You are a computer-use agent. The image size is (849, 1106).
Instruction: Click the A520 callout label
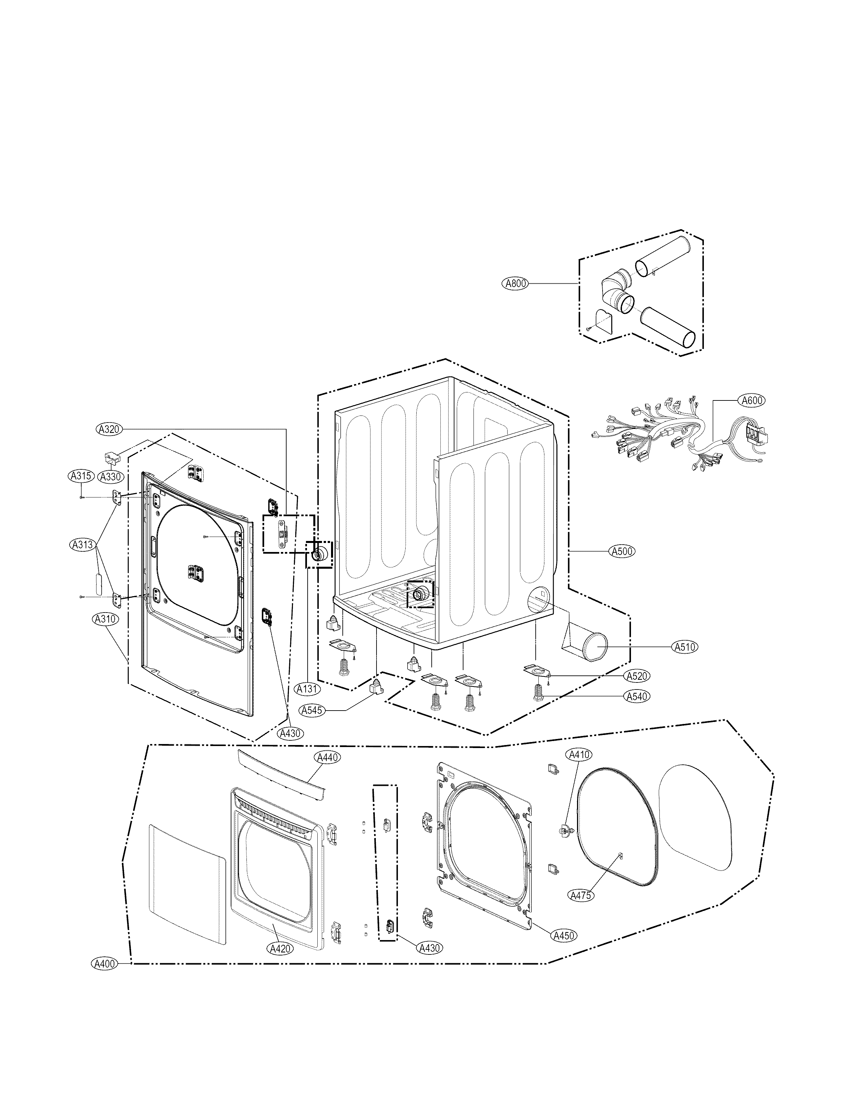[x=637, y=676]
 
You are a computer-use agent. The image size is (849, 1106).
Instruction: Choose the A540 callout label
[x=637, y=696]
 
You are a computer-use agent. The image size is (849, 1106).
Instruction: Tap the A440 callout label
[x=327, y=771]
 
